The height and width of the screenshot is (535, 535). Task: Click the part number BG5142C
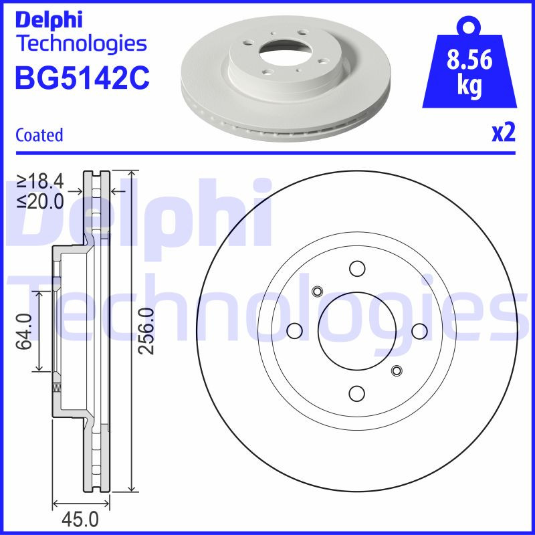(x=82, y=78)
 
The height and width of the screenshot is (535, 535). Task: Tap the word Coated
(x=39, y=135)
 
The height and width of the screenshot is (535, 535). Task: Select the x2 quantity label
(x=503, y=133)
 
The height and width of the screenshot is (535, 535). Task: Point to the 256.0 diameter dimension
(x=146, y=331)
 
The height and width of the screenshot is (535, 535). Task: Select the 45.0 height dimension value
(x=80, y=519)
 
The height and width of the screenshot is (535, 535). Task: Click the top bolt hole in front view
(x=357, y=269)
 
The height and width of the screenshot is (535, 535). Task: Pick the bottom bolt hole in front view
(x=357, y=393)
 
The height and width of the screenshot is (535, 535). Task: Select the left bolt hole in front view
(x=294, y=331)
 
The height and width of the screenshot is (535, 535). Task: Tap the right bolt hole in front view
(x=419, y=331)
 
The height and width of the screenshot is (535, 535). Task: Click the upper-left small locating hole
(x=318, y=291)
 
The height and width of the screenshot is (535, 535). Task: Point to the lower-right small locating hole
(x=397, y=370)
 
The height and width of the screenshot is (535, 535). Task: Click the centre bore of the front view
(x=357, y=331)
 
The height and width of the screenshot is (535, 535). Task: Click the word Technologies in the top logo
(x=80, y=45)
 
